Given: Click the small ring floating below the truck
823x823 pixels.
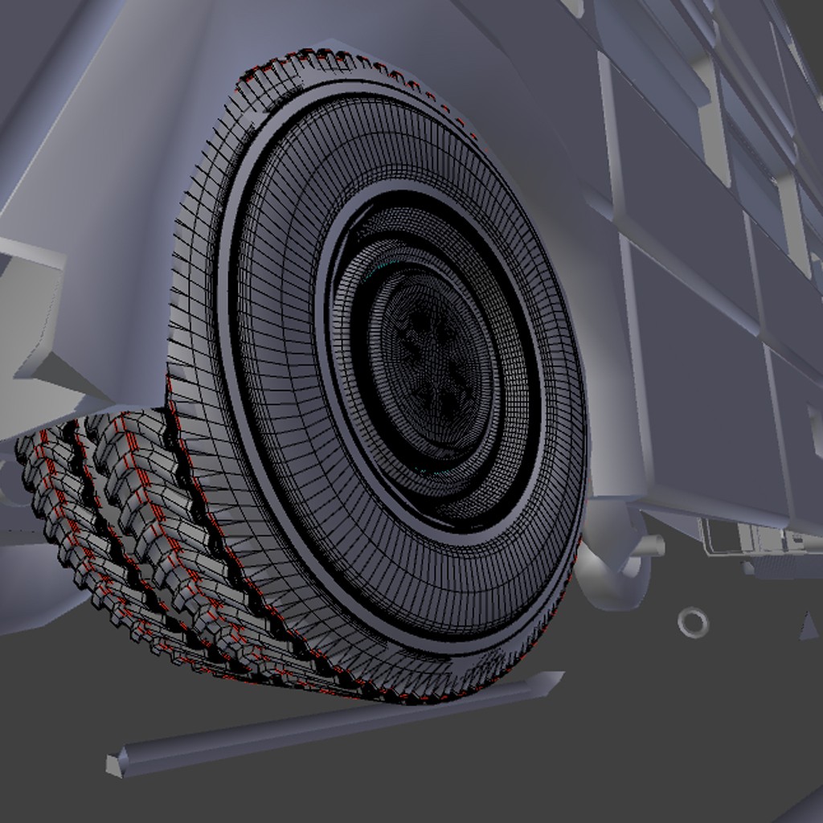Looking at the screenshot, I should pos(692,621).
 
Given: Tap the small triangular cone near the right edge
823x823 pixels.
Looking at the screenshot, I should pos(809,626).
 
